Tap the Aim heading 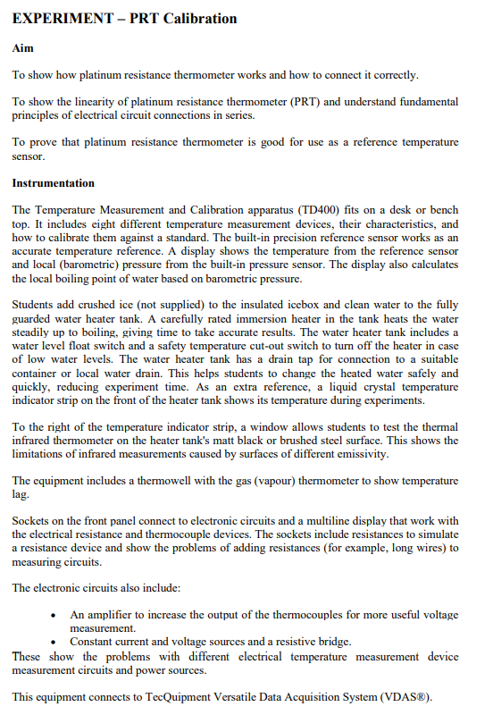point(22,47)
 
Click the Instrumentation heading point(53,182)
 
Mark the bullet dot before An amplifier point(56,615)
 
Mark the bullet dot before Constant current point(56,642)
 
